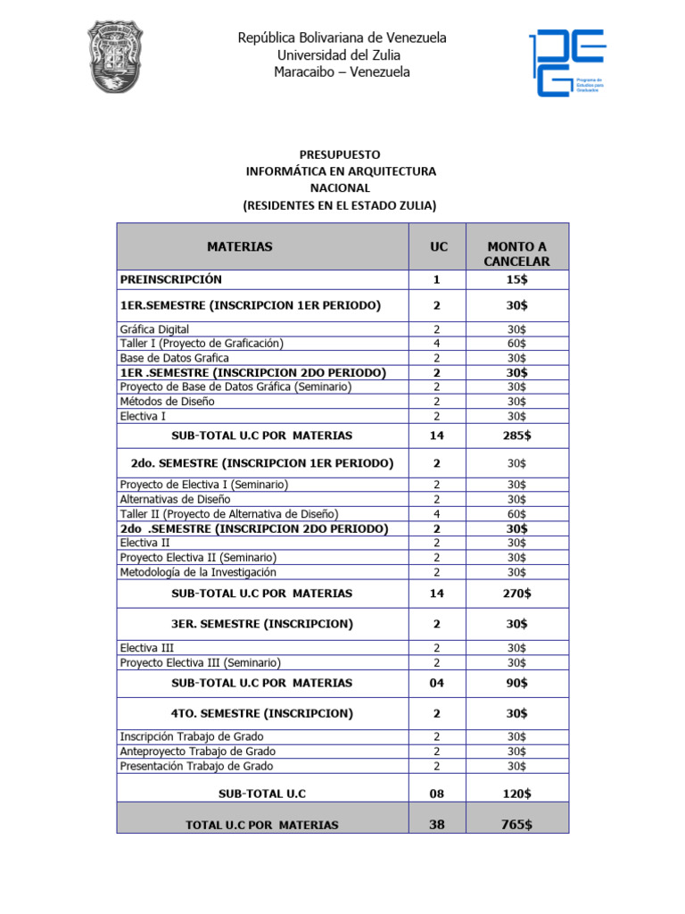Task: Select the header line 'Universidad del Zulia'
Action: pos(342,54)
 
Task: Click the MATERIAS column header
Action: pos(240,246)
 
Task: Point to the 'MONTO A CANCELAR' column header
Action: pos(516,253)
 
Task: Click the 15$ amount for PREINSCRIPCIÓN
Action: pos(516,279)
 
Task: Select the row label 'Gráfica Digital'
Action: pos(154,329)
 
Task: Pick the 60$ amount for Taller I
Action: pos(516,344)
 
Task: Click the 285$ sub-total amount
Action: pos(516,436)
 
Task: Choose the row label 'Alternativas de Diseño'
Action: pos(175,499)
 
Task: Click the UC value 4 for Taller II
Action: pos(436,514)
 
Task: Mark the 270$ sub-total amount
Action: pos(516,593)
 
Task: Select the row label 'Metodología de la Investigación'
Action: pos(198,572)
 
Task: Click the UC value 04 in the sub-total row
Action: pos(436,683)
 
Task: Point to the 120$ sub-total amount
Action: pos(516,793)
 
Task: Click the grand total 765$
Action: pos(516,825)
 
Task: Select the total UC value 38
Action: pos(436,825)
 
